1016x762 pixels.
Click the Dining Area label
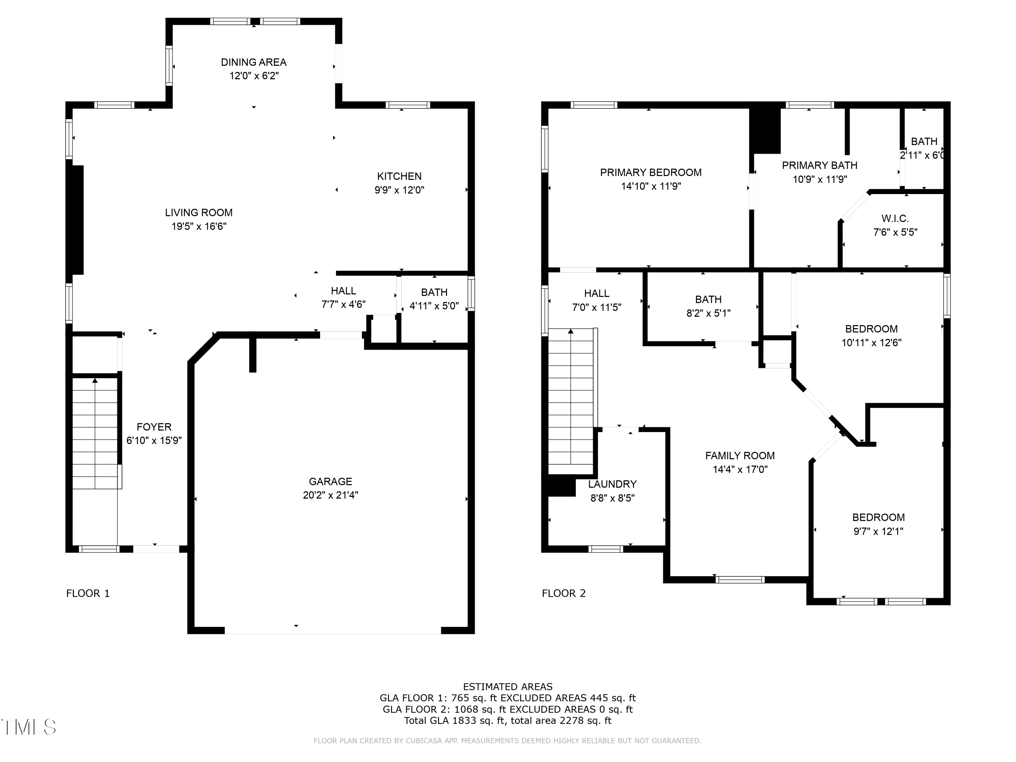[x=254, y=62]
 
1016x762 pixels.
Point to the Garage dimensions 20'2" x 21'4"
[x=330, y=495]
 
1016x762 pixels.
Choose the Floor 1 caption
[x=88, y=593]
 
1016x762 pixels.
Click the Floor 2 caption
[x=564, y=593]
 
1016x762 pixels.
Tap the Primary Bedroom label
[x=651, y=173]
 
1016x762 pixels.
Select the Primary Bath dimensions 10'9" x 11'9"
[x=820, y=179]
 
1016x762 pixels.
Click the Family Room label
[x=740, y=456]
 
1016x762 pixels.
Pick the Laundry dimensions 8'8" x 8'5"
[x=612, y=498]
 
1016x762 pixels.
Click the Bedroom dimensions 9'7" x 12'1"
[x=878, y=531]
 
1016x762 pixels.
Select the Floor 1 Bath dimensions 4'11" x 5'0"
[x=434, y=306]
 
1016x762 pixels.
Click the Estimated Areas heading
[x=508, y=687]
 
